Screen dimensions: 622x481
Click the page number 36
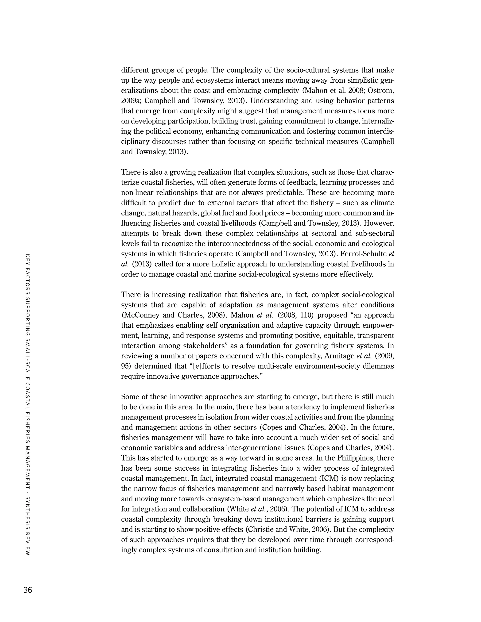point(28,590)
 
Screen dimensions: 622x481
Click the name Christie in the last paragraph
point(258,530)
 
